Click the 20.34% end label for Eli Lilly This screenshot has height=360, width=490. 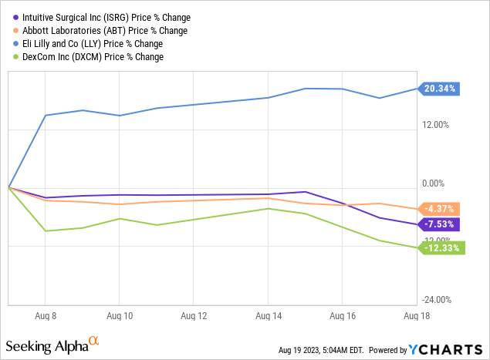440,89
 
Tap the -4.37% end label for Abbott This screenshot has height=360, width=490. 440,209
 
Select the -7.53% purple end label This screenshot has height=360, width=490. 440,224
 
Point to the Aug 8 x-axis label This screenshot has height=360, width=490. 46,316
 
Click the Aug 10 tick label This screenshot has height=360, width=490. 119,316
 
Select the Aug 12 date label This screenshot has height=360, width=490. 194,316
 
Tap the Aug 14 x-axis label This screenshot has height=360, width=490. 268,316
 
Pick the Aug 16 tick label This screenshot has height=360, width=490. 342,316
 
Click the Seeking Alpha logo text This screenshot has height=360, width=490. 52,344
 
